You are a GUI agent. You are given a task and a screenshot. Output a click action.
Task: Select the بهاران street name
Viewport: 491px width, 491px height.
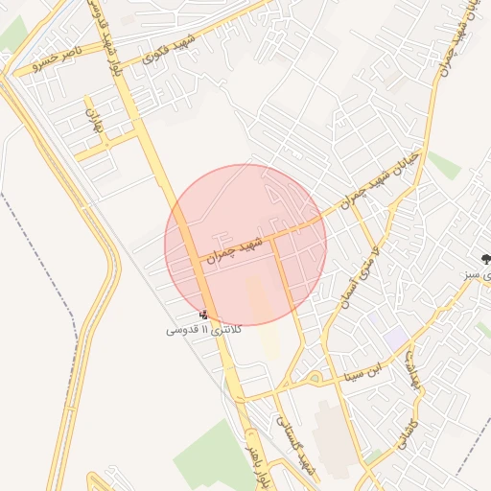pyautogui.click(x=94, y=120)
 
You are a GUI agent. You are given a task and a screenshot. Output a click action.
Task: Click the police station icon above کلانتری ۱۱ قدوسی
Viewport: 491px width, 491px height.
pyautogui.click(x=203, y=314)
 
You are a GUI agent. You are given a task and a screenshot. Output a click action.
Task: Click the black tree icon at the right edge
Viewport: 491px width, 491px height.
pyautogui.click(x=485, y=258)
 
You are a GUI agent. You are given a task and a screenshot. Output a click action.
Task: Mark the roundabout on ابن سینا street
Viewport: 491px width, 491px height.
pyautogui.click(x=314, y=378)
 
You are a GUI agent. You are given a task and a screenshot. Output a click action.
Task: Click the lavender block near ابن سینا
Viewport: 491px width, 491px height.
pyautogui.click(x=395, y=338)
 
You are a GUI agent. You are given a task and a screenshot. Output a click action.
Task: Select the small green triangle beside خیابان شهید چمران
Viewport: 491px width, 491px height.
pyautogui.click(x=444, y=165)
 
